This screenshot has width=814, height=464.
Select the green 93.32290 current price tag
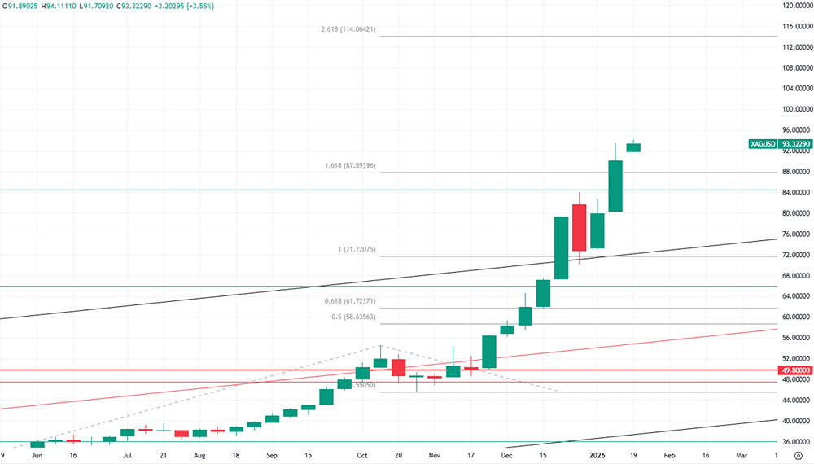794,144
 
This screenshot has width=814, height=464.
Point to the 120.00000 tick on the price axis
794,6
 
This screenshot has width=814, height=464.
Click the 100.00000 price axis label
794,109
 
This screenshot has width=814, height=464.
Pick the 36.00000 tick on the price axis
794,442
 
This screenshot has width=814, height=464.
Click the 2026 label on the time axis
597,457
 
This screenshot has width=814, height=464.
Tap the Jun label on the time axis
37,457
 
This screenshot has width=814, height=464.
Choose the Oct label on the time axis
362,457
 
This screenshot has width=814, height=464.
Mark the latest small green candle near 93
633,147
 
